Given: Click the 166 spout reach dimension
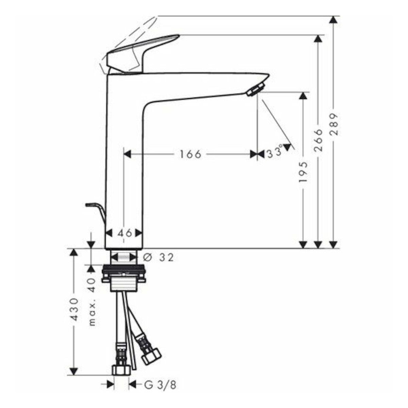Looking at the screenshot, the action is (x=190, y=154).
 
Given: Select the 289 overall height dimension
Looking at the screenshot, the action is (x=334, y=124).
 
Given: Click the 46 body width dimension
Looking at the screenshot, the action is (x=125, y=233).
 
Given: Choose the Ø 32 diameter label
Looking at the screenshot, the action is (x=158, y=257).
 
